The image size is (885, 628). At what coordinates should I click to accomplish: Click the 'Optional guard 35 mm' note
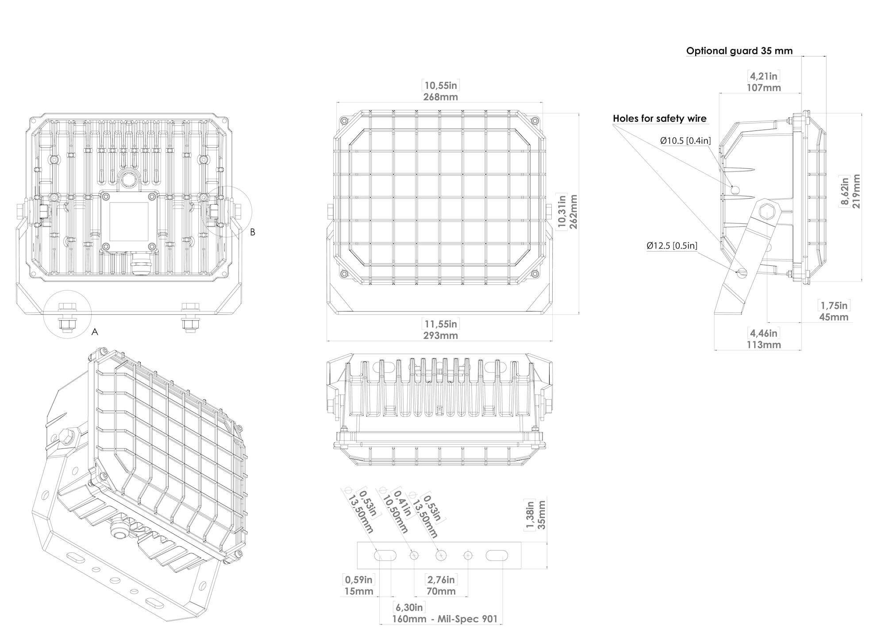pyautogui.click(x=739, y=51)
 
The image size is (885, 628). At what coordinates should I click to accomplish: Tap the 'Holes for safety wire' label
pyautogui.click(x=659, y=119)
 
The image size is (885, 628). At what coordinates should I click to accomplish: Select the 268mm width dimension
pyautogui.click(x=440, y=97)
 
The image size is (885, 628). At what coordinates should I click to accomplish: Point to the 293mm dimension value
pyautogui.click(x=440, y=335)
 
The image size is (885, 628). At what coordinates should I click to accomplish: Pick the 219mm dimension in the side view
pyautogui.click(x=856, y=191)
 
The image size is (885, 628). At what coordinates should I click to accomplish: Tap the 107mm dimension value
pyautogui.click(x=764, y=88)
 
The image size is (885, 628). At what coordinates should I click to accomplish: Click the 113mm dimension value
pyautogui.click(x=764, y=344)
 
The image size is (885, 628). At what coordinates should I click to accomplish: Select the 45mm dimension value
pyautogui.click(x=834, y=317)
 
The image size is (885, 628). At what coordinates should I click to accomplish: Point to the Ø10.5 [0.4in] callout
pyautogui.click(x=685, y=141)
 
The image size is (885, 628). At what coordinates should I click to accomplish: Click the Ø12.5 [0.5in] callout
pyautogui.click(x=672, y=245)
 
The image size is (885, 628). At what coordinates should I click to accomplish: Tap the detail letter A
pyautogui.click(x=94, y=332)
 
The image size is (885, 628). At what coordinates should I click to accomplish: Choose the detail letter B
pyautogui.click(x=253, y=232)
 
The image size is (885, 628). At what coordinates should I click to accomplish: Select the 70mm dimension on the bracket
pyautogui.click(x=441, y=591)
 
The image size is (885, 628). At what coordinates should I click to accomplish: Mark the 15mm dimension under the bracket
pyautogui.click(x=358, y=591)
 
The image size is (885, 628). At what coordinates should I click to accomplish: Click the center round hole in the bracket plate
pyautogui.click(x=441, y=555)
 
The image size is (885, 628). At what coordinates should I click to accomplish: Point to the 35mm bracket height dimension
pyautogui.click(x=541, y=514)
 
